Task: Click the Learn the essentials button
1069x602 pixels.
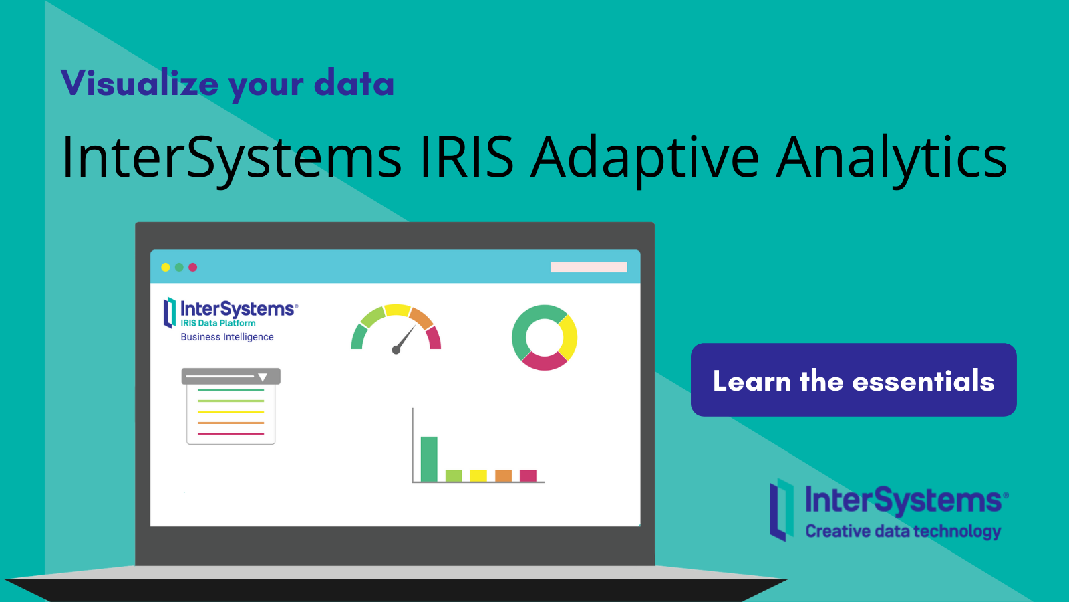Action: [853, 380]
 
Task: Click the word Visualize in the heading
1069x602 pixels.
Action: [139, 84]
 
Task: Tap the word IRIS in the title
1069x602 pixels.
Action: [466, 157]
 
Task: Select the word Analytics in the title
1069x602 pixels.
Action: [891, 157]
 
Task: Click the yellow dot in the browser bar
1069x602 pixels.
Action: [166, 267]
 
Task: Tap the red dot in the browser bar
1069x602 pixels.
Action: [193, 267]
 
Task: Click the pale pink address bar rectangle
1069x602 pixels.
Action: [589, 267]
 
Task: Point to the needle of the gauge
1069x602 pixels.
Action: [405, 338]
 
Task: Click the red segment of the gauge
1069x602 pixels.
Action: [434, 338]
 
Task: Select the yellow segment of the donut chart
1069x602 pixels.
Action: [569, 336]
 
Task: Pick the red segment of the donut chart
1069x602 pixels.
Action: [543, 361]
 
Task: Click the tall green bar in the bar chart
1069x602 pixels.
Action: [429, 459]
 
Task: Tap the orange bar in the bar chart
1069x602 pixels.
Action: [503, 476]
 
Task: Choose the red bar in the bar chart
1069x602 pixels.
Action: [528, 476]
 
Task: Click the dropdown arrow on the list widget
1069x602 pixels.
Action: [263, 377]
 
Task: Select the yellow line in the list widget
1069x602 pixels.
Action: [231, 412]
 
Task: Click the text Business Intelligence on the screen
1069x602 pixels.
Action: [227, 337]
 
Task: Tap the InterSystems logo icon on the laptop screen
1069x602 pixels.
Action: [170, 312]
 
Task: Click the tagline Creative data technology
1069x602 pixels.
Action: [903, 531]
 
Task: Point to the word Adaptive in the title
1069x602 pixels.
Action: [645, 157]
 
